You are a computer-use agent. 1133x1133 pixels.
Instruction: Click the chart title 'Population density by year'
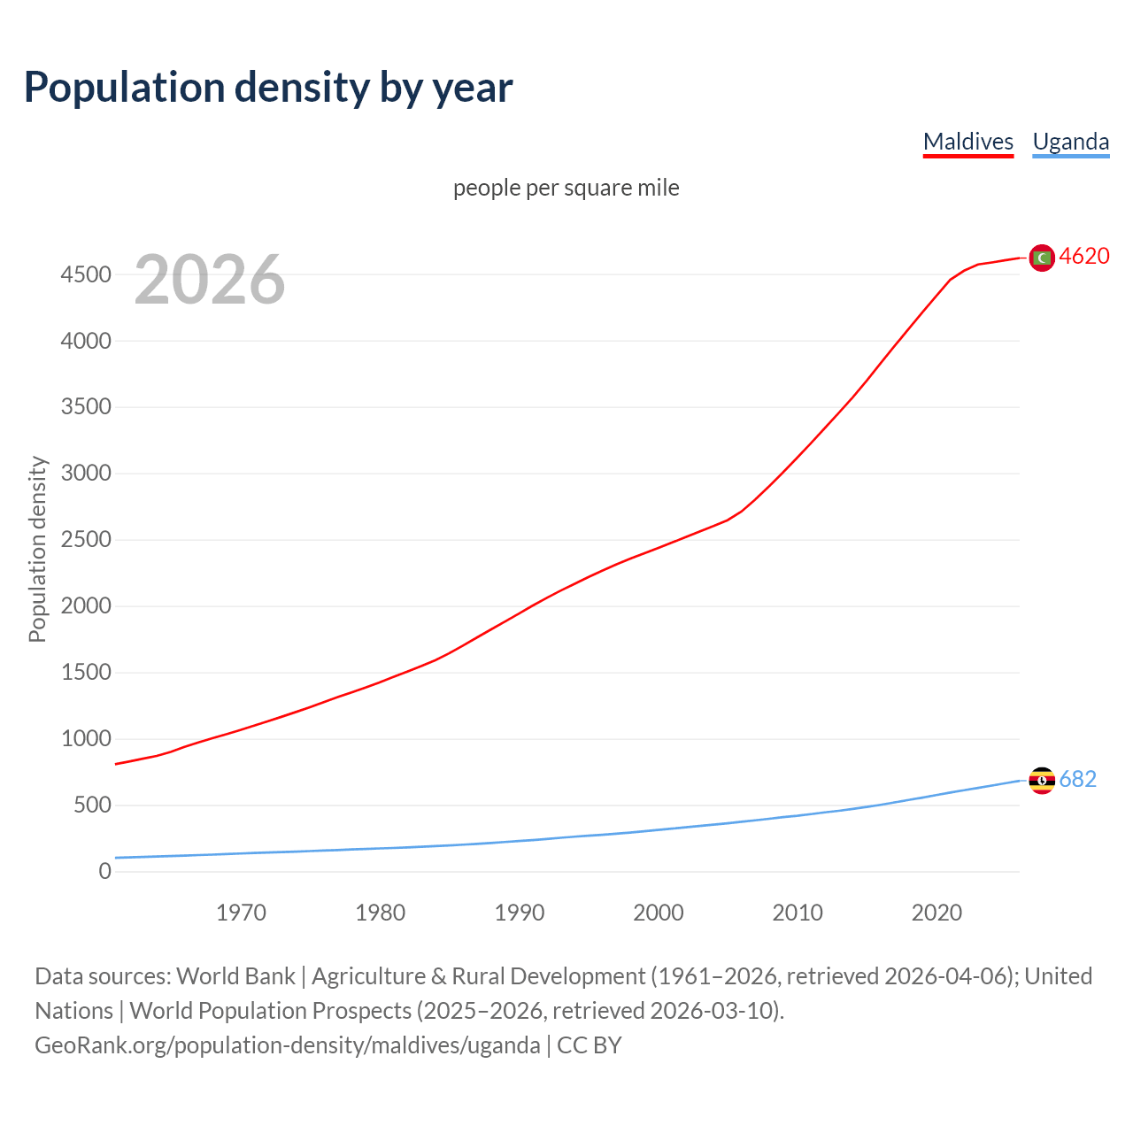point(268,87)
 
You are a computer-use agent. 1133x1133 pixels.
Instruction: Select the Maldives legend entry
point(967,142)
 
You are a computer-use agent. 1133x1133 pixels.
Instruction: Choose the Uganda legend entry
point(1070,142)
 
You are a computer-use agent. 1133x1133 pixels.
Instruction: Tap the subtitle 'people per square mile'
point(566,188)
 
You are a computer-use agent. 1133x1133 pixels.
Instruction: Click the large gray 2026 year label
point(210,280)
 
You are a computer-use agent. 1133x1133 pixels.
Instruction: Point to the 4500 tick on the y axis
point(86,274)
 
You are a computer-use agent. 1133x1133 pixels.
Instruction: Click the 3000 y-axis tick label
point(86,474)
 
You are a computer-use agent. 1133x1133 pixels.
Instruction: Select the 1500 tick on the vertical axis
point(86,673)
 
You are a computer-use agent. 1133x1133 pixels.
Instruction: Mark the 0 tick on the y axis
point(105,872)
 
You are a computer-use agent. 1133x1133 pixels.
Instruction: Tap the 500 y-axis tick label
point(92,805)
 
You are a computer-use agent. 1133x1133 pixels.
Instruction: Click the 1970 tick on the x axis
point(241,913)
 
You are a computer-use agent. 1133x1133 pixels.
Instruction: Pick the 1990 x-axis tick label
point(520,913)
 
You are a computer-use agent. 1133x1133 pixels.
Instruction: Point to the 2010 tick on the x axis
point(798,913)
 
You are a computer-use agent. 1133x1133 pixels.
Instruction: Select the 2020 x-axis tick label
point(936,913)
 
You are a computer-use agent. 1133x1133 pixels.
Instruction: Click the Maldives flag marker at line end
point(1042,258)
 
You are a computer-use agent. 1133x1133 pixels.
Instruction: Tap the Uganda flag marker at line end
point(1042,780)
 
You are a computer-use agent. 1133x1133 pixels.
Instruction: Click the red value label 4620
point(1084,257)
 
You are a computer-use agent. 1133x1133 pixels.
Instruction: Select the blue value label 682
point(1077,779)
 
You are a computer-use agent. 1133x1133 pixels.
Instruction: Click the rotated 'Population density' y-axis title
point(37,549)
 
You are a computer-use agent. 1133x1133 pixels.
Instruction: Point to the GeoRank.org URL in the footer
point(287,1045)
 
